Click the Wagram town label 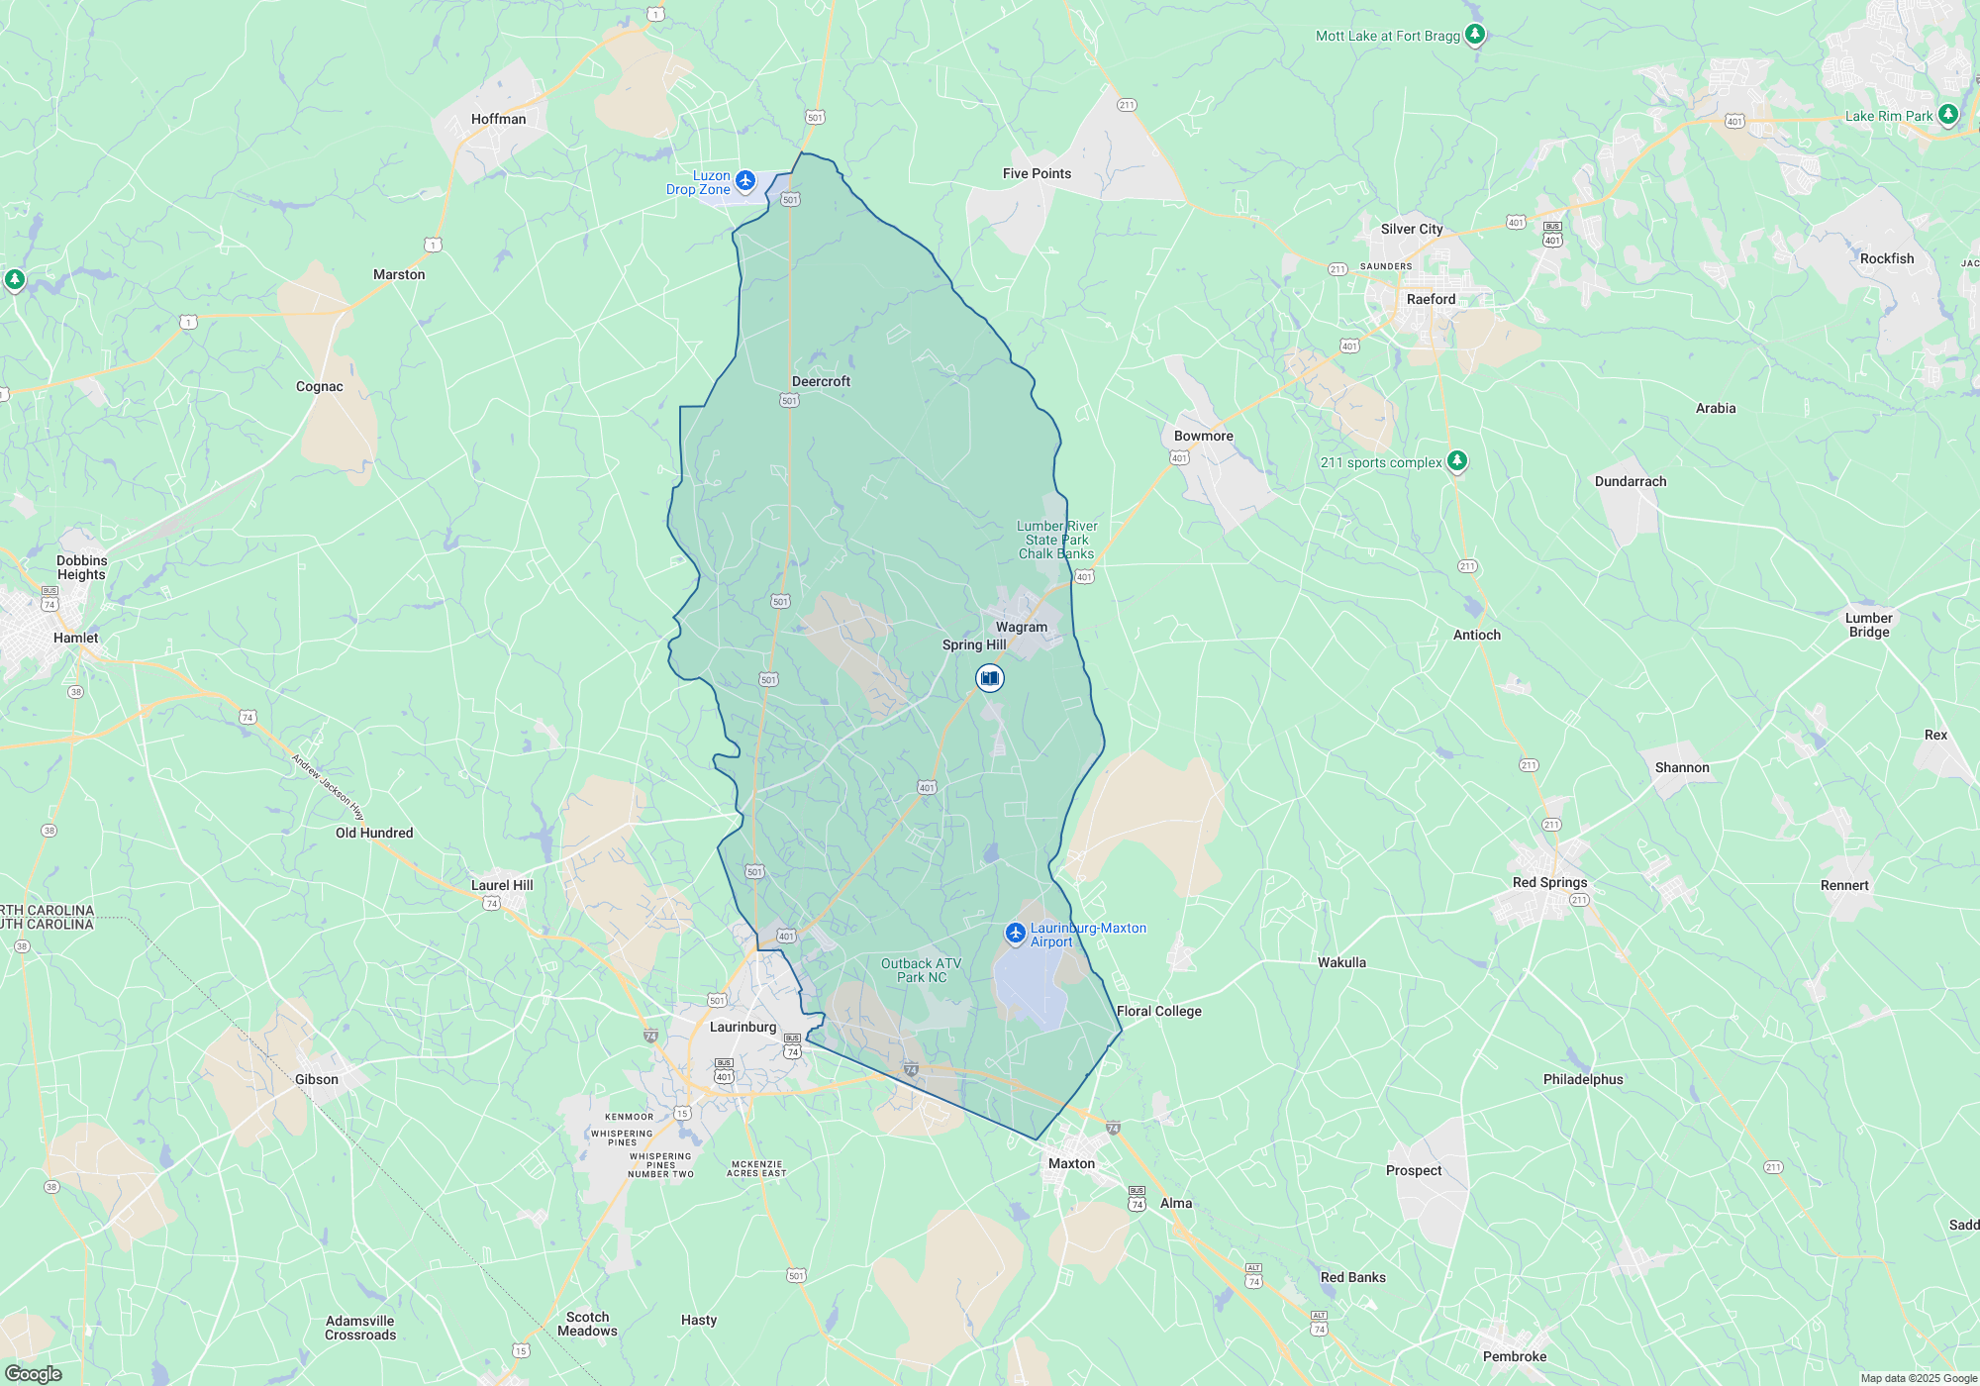[x=1021, y=627]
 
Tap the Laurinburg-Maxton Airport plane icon [x=1015, y=933]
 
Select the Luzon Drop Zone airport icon [x=745, y=180]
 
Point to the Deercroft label [x=821, y=381]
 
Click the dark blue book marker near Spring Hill [x=989, y=678]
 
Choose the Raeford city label [x=1431, y=299]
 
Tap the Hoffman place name [x=498, y=119]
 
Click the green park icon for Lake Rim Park [x=1947, y=115]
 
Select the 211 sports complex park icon [x=1456, y=461]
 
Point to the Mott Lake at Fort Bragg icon [x=1474, y=35]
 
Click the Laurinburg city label [x=742, y=1027]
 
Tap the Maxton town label [x=1071, y=1163]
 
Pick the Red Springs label [x=1549, y=882]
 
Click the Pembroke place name [x=1514, y=1356]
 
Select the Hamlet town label [x=75, y=638]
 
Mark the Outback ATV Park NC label [x=921, y=970]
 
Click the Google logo [x=33, y=1374]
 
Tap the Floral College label [x=1158, y=1011]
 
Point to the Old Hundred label [x=374, y=833]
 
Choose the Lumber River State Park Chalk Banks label [x=1056, y=540]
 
